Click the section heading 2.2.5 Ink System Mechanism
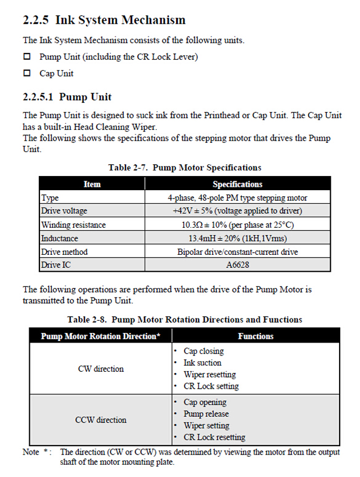pyautogui.click(x=104, y=20)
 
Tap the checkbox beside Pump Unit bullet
pyautogui.click(x=26, y=57)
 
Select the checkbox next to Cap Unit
pyautogui.click(x=26, y=73)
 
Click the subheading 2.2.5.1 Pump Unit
pyautogui.click(x=67, y=97)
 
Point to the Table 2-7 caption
pyautogui.click(x=184, y=167)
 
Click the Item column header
pyautogui.click(x=92, y=184)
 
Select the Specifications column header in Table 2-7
pyautogui.click(x=237, y=184)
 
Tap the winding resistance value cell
pyautogui.click(x=237, y=224)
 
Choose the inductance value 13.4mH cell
pyautogui.click(x=237, y=238)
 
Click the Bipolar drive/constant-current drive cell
pyautogui.click(x=237, y=251)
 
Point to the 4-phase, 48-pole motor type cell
pyautogui.click(x=237, y=198)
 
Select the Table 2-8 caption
pyautogui.click(x=184, y=319)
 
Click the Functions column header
pyautogui.click(x=255, y=336)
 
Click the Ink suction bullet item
pyautogui.click(x=202, y=363)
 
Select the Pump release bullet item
pyautogui.click(x=206, y=414)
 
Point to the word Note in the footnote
pyautogui.click(x=31, y=452)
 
